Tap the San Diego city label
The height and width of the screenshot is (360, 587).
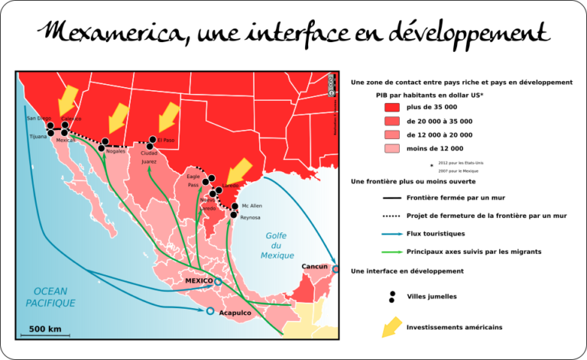coord(38,118)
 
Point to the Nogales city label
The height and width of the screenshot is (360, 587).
coord(115,151)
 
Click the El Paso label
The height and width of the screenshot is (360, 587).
coord(165,140)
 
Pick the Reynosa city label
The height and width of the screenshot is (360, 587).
coord(250,218)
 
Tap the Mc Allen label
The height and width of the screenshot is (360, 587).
coord(251,206)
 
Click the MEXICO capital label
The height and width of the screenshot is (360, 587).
coord(199,281)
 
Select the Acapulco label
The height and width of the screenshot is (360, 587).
coord(234,312)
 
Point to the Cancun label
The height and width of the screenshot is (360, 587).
coord(315,267)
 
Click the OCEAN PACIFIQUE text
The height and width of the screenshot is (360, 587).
coord(50,297)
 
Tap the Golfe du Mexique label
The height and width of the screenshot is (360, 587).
coord(276,245)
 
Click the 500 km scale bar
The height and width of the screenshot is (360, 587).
coord(44,334)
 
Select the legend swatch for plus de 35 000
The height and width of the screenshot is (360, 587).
coord(392,108)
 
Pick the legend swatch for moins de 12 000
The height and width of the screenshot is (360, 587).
coord(392,148)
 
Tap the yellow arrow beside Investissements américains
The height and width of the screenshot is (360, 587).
coord(392,326)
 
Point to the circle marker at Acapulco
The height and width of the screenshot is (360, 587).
coord(210,311)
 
